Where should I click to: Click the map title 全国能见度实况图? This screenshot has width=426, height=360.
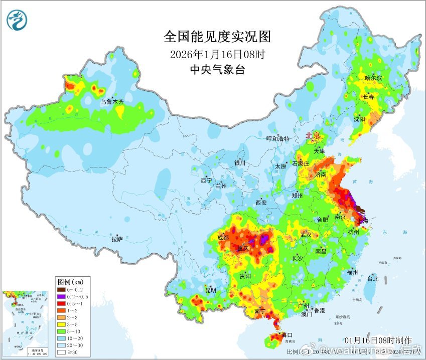point(217,37)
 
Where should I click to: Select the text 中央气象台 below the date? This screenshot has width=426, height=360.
point(217,70)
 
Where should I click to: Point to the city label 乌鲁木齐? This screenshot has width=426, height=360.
point(111,102)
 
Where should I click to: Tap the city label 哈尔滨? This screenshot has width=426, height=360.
point(373,78)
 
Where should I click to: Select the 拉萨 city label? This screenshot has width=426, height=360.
point(116,239)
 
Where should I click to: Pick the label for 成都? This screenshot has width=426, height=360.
point(223,237)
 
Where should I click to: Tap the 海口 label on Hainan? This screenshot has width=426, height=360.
point(287,334)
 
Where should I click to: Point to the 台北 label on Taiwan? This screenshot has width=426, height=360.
point(373,279)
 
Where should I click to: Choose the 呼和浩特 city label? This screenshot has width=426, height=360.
point(277,138)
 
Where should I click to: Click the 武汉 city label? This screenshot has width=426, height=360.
point(306,235)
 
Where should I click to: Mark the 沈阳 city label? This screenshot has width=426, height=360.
point(359,119)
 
